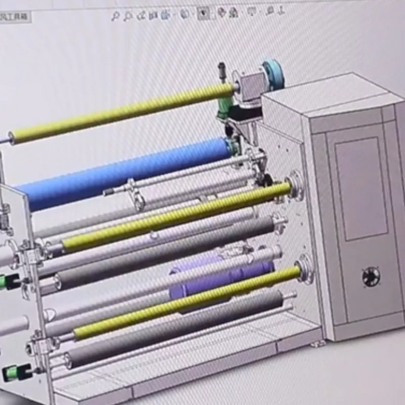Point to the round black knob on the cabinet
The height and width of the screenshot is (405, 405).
click(x=371, y=276)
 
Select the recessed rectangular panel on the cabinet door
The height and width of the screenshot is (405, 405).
click(x=361, y=187)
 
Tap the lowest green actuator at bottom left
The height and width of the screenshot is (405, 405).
click(x=11, y=374)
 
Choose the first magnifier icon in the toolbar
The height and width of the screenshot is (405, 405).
click(x=115, y=16)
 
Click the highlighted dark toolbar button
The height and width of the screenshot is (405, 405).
click(x=204, y=14)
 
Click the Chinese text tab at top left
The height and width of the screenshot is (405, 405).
click(x=15, y=17)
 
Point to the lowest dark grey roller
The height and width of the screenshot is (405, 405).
click(x=172, y=329)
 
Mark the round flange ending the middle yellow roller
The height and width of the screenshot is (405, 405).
click(x=293, y=187)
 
